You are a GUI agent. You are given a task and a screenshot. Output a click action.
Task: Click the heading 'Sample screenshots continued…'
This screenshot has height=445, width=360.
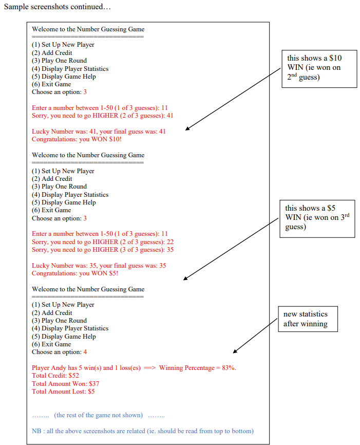57,8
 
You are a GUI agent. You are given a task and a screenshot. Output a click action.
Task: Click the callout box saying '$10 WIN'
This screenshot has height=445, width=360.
319,68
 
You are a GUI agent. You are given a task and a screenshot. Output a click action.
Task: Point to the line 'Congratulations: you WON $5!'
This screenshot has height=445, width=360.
75,273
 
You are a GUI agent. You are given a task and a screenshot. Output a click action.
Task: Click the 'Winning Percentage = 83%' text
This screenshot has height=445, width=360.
197,368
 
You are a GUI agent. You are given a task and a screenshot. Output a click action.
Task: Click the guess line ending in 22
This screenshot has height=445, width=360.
103,242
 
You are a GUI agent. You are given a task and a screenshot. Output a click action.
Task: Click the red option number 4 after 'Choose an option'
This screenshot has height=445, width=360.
85,352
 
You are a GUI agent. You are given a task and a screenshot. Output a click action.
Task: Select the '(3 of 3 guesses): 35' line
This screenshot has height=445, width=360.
103,250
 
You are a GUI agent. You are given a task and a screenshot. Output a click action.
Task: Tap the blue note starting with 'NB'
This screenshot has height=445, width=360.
143,431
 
